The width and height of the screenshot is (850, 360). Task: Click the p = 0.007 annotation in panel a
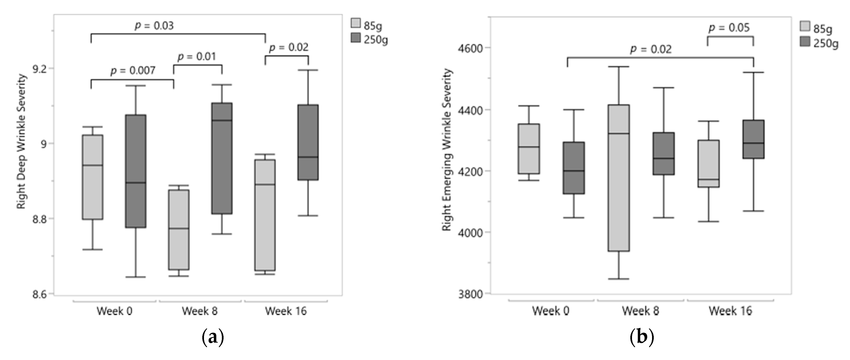click(x=133, y=71)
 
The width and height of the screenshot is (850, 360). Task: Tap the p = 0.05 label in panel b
click(x=729, y=28)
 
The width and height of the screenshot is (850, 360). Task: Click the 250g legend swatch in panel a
click(x=356, y=38)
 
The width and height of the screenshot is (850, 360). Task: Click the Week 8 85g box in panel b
click(x=619, y=178)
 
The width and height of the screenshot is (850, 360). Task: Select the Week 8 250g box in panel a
click(x=222, y=158)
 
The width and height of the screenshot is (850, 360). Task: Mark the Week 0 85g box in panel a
click(x=93, y=177)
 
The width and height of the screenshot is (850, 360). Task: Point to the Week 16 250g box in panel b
click(x=753, y=139)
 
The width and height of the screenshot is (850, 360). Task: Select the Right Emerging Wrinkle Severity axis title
click(x=447, y=150)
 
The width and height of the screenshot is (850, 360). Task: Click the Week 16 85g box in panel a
click(x=265, y=215)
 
